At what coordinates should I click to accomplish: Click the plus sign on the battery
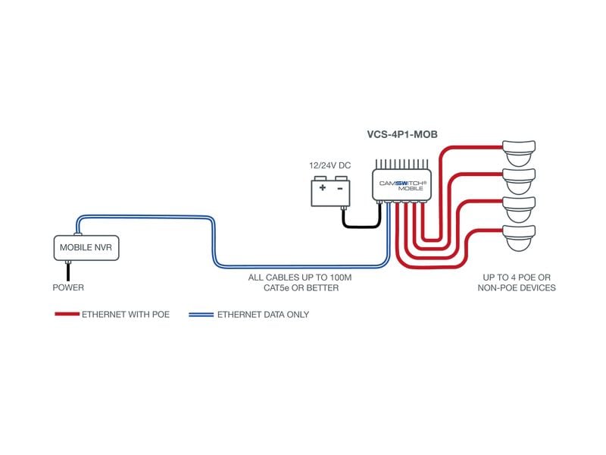click(323, 187)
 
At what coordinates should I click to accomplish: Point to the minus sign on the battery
click(339, 187)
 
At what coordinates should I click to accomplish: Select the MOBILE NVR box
click(85, 246)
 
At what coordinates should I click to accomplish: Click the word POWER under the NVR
click(68, 288)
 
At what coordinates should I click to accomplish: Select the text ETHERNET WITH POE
click(126, 314)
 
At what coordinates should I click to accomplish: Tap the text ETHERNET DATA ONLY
click(263, 314)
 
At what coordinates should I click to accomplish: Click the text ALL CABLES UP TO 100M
click(300, 278)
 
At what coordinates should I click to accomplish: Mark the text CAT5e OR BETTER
click(300, 288)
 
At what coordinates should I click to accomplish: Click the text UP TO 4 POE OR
click(517, 278)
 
